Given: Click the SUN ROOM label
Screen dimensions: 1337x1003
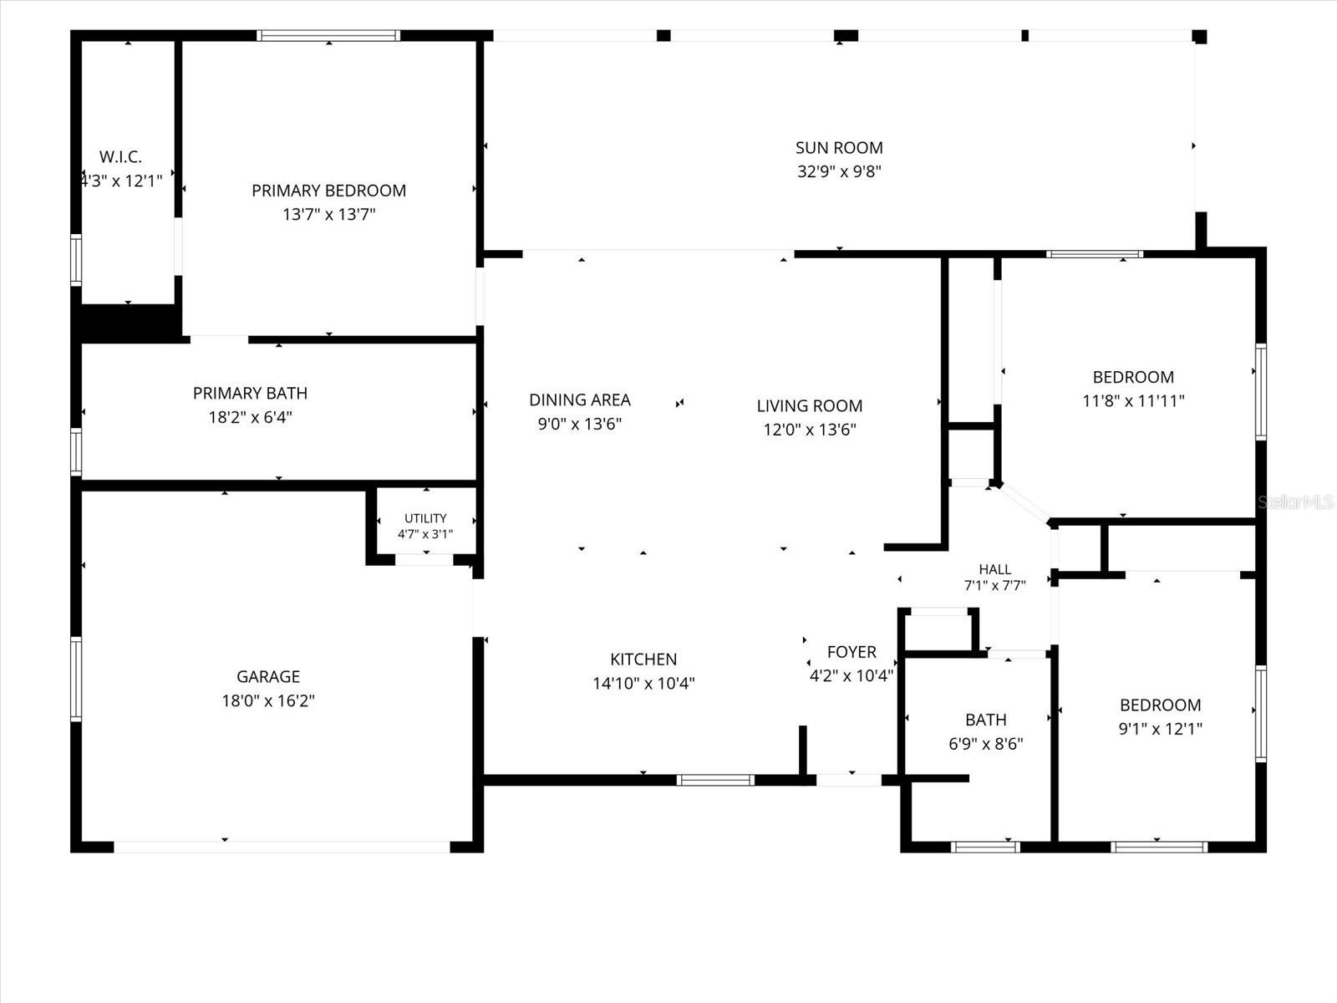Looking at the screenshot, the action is (x=839, y=148).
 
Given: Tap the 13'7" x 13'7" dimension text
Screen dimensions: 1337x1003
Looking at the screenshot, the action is (x=329, y=214).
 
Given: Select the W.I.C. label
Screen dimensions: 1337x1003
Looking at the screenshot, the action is (x=120, y=157).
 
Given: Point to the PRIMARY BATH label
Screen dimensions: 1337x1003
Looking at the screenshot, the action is (x=251, y=394).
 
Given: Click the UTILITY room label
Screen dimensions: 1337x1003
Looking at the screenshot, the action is (x=425, y=518).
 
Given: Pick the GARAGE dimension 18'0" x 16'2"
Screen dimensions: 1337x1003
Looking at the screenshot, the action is (x=268, y=701).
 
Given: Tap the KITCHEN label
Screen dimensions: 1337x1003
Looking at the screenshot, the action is (x=643, y=659).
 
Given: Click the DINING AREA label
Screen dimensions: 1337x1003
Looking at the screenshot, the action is (x=580, y=400).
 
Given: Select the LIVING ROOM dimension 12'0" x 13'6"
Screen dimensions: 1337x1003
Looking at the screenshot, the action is (x=810, y=430).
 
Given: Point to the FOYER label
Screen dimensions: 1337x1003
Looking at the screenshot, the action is (x=852, y=652).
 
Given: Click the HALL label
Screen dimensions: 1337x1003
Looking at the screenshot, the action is (x=994, y=569).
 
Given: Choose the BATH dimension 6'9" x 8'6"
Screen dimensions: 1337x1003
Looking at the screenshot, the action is (x=985, y=744).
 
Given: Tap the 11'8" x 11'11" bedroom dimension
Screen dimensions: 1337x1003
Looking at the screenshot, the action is (x=1133, y=401).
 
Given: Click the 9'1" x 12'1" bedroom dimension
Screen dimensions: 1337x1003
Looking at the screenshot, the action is (x=1161, y=729).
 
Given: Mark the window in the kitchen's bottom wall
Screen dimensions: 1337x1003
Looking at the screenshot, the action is (x=715, y=780).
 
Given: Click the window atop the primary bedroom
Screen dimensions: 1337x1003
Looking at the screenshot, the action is (x=328, y=35).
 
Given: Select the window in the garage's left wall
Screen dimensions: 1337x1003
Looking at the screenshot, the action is (x=76, y=679).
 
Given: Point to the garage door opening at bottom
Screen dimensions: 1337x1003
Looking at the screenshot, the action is (x=282, y=847).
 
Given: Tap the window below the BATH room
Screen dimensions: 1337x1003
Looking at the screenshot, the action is (x=985, y=847).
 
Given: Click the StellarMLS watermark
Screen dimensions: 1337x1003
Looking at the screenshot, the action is (x=1295, y=502).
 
